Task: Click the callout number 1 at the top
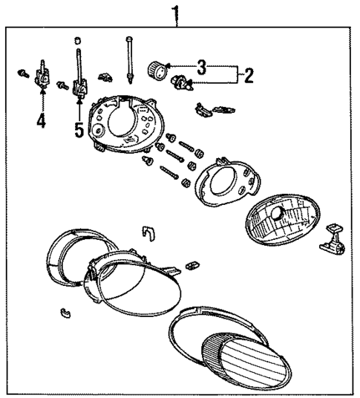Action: (176, 12)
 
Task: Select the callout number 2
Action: (249, 75)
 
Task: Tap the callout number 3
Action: (201, 68)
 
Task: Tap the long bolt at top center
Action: (131, 55)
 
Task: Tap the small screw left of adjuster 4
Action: (22, 73)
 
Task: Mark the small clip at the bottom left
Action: (65, 310)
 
